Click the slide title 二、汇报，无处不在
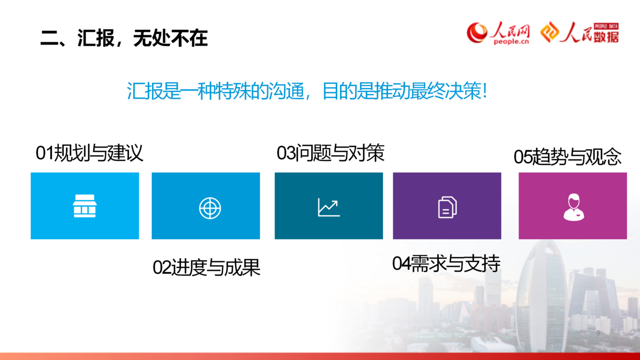tap(124, 38)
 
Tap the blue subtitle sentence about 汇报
tap(307, 91)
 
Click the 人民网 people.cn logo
tap(498, 33)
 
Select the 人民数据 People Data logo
tap(580, 33)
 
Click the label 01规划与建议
tap(89, 153)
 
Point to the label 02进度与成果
tap(206, 268)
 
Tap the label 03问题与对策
tap(330, 153)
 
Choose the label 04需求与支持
tap(446, 263)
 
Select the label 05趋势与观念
tap(567, 157)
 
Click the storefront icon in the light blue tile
tap(85, 205)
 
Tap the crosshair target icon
tap(210, 208)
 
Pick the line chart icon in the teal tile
tap(329, 207)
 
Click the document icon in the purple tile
tap(447, 207)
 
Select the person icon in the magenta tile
tap(573, 207)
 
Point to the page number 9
tap(598, 333)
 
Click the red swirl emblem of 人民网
tap(477, 33)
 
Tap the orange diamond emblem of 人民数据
tap(549, 32)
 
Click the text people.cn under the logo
tap(511, 42)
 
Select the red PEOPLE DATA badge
tap(606, 26)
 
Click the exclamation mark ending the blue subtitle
tap(484, 91)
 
